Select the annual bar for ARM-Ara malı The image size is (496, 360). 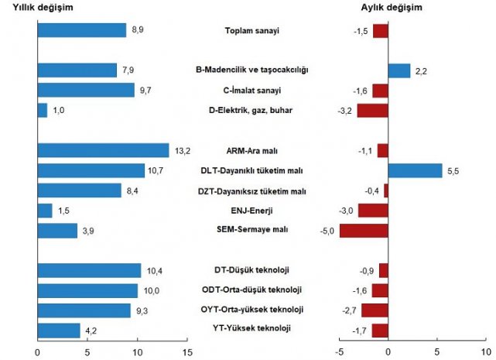[x=103, y=150]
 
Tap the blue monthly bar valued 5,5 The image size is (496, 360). [x=415, y=170]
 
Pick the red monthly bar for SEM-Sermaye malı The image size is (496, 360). [x=364, y=231]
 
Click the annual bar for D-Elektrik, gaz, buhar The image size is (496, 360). [x=43, y=110]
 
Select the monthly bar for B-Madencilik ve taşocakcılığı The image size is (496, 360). [x=399, y=70]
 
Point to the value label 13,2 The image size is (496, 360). [x=180, y=150]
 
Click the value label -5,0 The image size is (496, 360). [x=328, y=231]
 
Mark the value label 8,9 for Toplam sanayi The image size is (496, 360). [x=138, y=30]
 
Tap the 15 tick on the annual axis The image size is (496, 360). [x=186, y=349]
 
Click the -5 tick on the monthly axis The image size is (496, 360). [x=338, y=349]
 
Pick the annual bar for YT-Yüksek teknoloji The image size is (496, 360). [x=59, y=330]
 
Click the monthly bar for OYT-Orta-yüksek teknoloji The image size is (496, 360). [x=375, y=310]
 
